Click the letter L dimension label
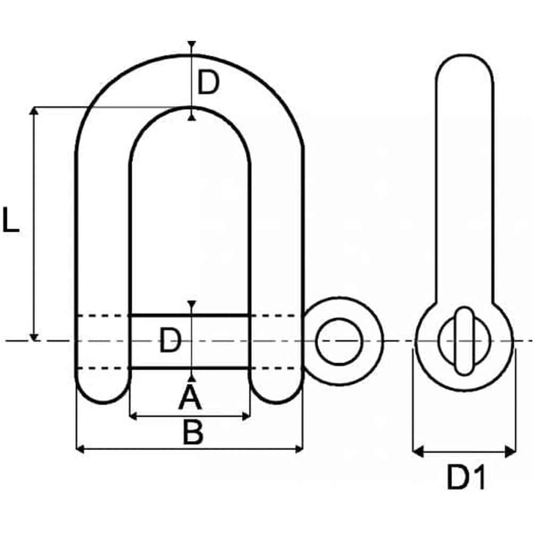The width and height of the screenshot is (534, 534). tap(11, 219)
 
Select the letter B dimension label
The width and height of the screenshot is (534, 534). tap(193, 432)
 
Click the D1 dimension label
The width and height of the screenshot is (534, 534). tap(465, 478)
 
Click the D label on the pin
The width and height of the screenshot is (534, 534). tap(170, 340)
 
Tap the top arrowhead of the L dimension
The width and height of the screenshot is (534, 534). tap(33, 111)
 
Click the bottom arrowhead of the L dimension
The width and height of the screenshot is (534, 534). tap(33, 337)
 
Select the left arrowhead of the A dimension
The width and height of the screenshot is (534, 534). tap(133, 416)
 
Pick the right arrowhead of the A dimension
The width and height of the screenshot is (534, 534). tap(246, 416)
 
